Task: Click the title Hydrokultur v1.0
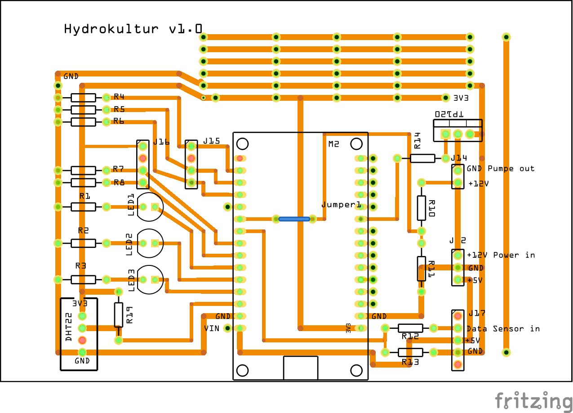click(x=133, y=29)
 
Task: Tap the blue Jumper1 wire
click(x=294, y=219)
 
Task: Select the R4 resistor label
click(x=119, y=97)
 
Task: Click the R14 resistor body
click(x=422, y=158)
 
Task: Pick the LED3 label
click(x=131, y=280)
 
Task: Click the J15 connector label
click(x=211, y=141)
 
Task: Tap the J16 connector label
click(x=161, y=142)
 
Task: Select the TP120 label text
click(x=449, y=114)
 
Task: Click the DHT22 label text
click(x=69, y=327)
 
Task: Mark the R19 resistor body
click(x=119, y=314)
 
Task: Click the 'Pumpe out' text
click(x=511, y=168)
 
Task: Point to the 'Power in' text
click(x=514, y=255)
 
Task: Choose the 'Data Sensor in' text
click(x=503, y=328)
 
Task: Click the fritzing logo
click(x=533, y=401)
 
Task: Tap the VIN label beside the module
click(x=212, y=328)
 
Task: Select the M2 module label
click(x=333, y=144)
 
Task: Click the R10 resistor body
click(x=421, y=208)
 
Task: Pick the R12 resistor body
click(x=410, y=328)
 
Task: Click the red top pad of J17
click(x=458, y=316)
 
